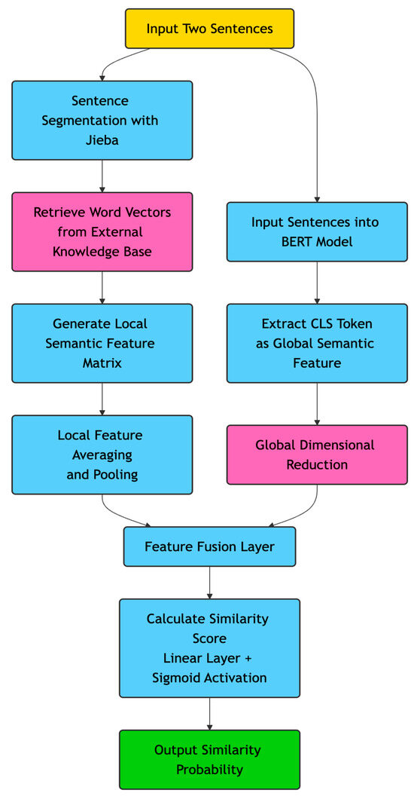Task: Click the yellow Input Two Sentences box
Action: pyautogui.click(x=209, y=29)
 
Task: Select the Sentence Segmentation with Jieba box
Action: pyautogui.click(x=102, y=120)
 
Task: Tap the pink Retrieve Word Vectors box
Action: pyautogui.click(x=102, y=231)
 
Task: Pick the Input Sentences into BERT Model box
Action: pyautogui.click(x=316, y=231)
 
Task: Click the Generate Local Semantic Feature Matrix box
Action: pyautogui.click(x=102, y=343)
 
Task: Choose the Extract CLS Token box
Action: pyautogui.click(x=316, y=343)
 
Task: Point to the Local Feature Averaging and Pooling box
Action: pyautogui.click(x=102, y=455)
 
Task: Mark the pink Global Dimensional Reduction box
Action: pyautogui.click(x=316, y=455)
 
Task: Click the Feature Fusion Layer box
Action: pyautogui.click(x=209, y=546)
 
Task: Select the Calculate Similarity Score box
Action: pyautogui.click(x=209, y=648)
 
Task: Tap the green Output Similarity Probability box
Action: pyautogui.click(x=209, y=759)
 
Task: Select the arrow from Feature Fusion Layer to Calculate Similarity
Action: pyautogui.click(x=209, y=582)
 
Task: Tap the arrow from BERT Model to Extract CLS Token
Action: pyautogui.click(x=316, y=283)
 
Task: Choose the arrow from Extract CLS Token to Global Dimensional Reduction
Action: pyautogui.click(x=316, y=403)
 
